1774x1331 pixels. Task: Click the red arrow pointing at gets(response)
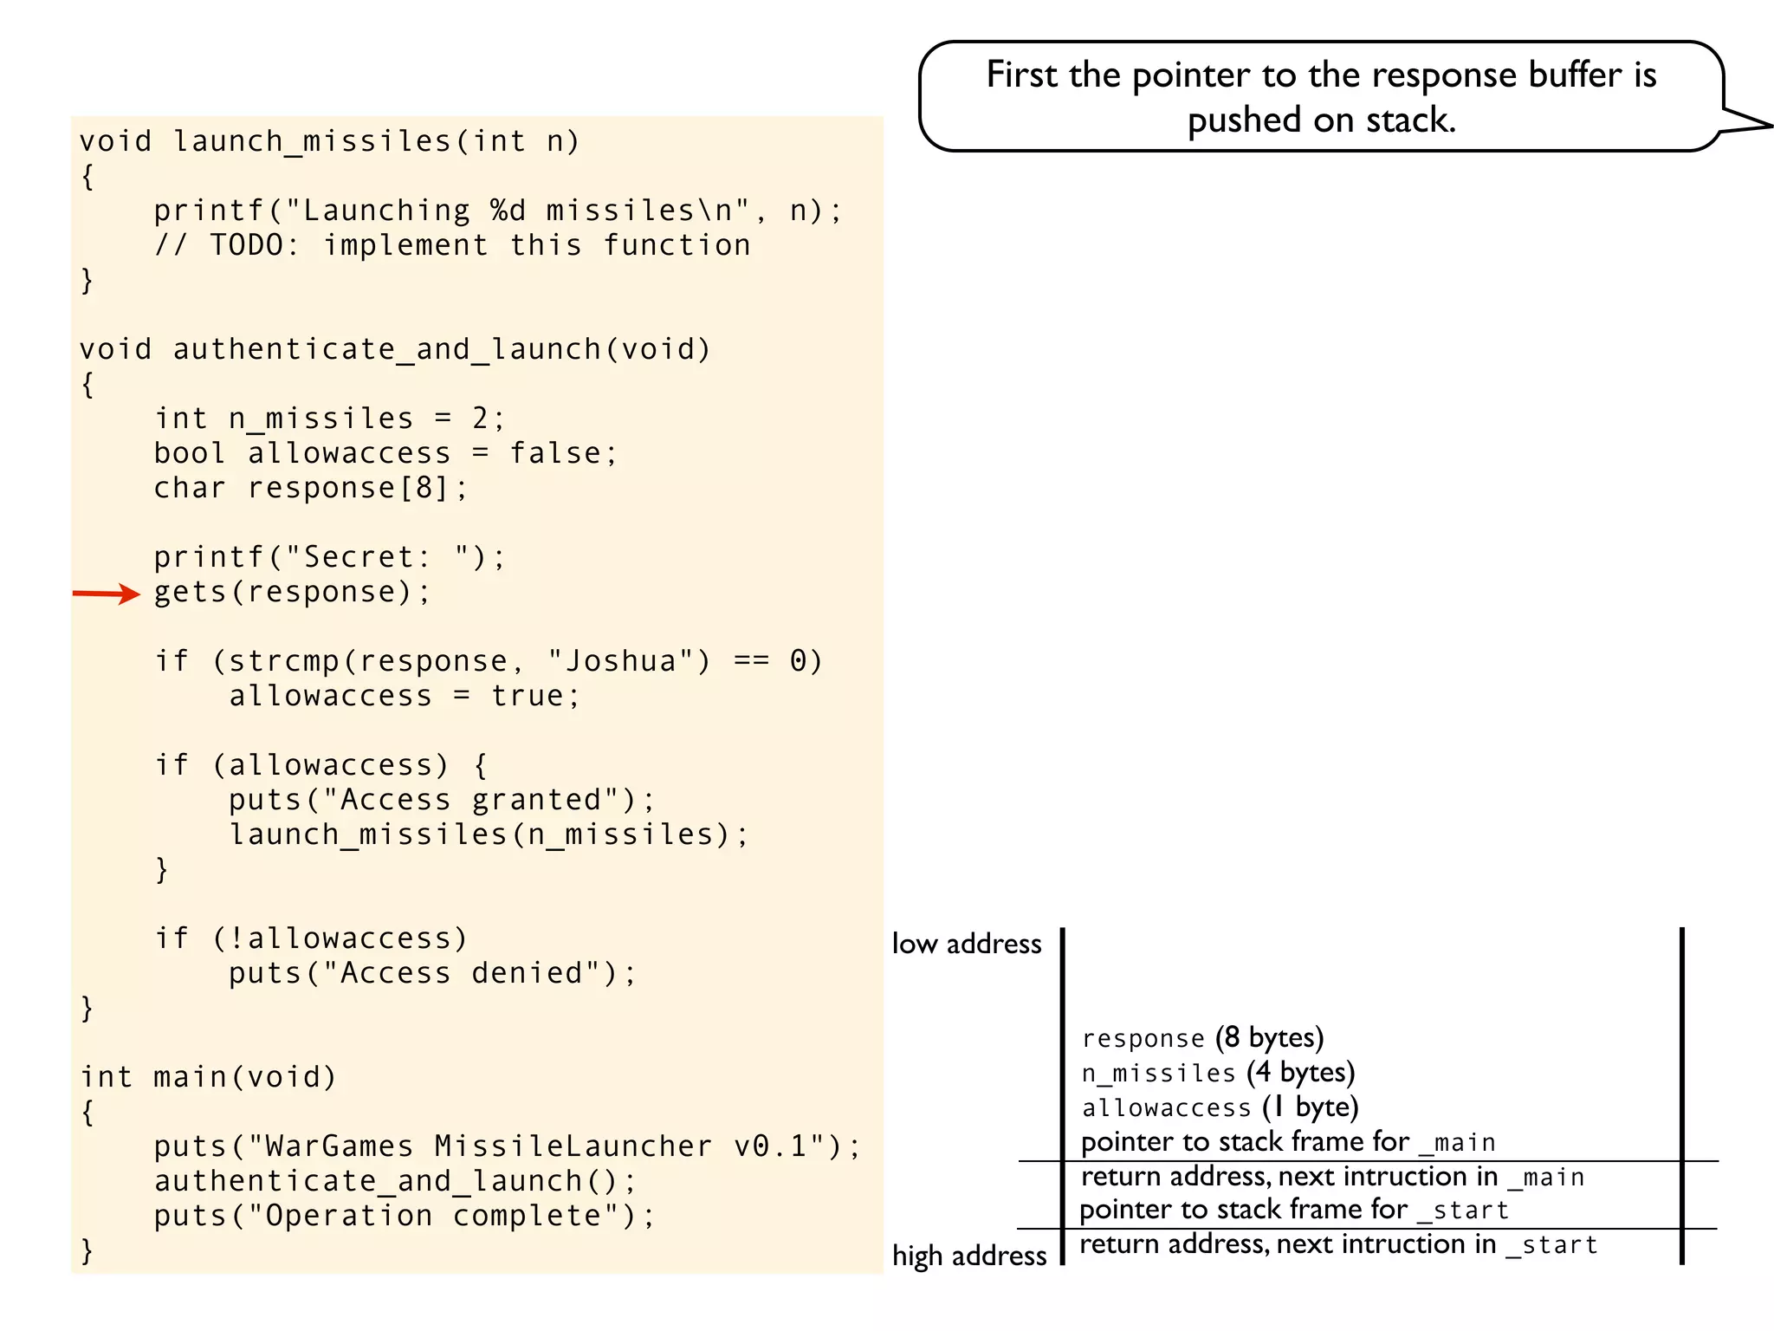(x=106, y=594)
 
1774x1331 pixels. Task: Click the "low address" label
(x=967, y=944)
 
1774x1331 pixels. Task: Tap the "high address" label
(x=969, y=1256)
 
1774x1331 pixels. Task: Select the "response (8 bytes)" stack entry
(x=1202, y=1038)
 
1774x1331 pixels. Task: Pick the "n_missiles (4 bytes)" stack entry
(x=1218, y=1073)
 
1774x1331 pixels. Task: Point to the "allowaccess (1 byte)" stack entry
(x=1220, y=1107)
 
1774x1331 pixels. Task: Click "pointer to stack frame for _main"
(x=1288, y=1142)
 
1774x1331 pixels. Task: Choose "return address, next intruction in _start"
(x=1338, y=1245)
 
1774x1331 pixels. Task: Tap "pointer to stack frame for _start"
(x=1294, y=1210)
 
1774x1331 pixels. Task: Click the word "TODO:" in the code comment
(x=254, y=245)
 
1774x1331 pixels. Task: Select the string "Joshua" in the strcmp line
(x=620, y=661)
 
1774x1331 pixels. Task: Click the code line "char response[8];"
(x=311, y=488)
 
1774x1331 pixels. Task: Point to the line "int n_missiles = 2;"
(x=329, y=419)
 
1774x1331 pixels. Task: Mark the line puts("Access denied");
(x=432, y=973)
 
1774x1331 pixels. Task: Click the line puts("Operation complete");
(x=405, y=1216)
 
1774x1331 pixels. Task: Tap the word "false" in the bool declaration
(x=555, y=453)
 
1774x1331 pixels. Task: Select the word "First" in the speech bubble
(x=1022, y=75)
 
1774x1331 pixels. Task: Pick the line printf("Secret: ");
(x=329, y=557)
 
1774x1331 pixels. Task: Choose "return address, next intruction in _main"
(x=1332, y=1177)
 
